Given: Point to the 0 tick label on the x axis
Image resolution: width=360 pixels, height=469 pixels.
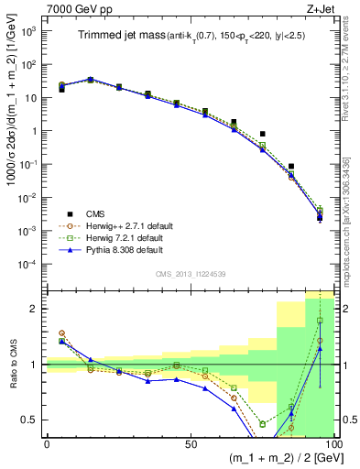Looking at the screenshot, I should click(x=47, y=442).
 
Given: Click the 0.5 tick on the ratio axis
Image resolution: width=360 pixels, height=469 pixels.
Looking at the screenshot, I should click(x=30, y=420).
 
